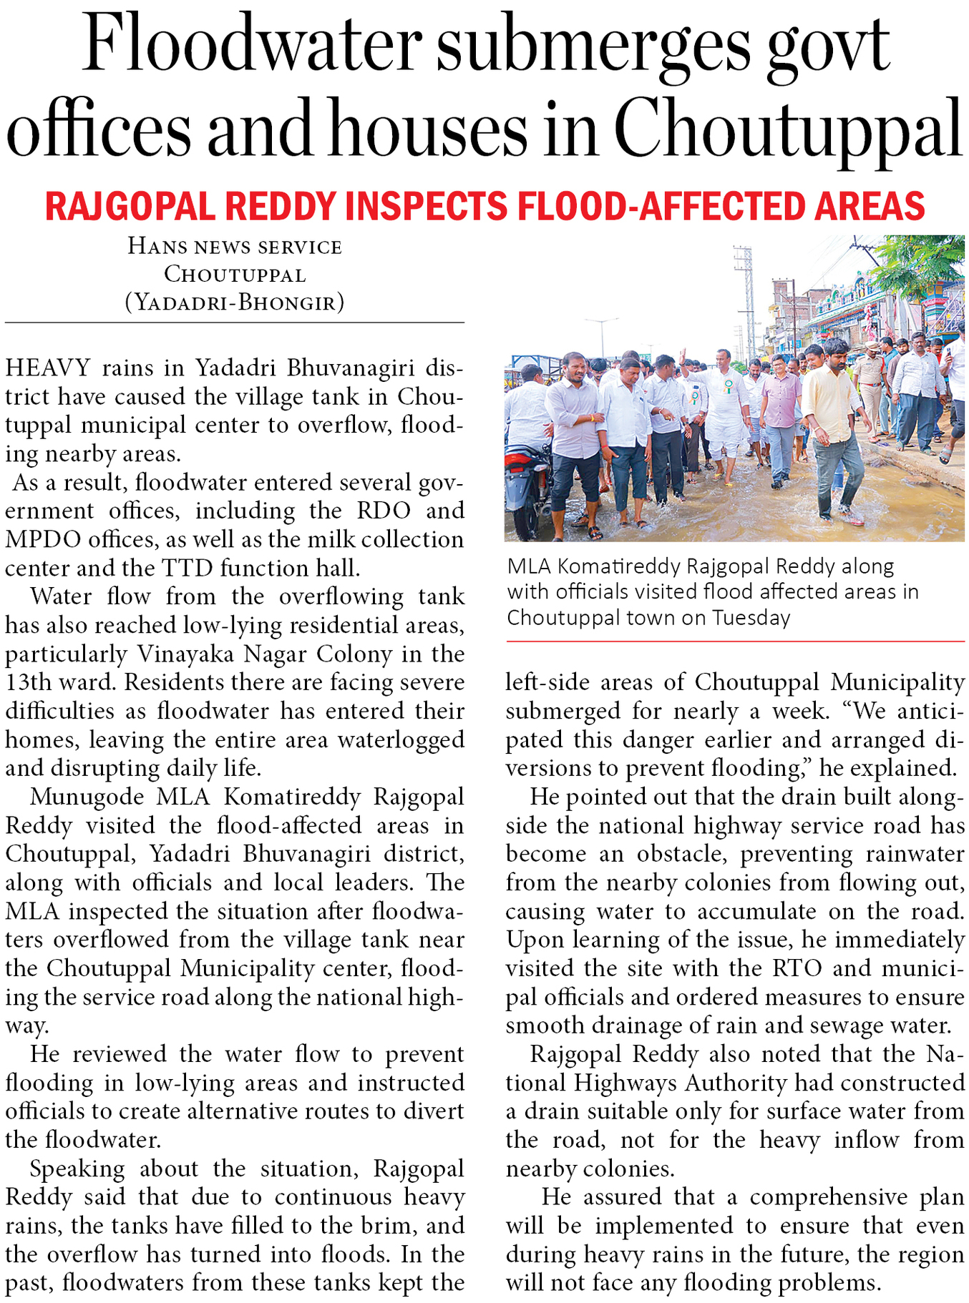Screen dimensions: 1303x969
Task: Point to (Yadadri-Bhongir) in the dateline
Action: click(235, 303)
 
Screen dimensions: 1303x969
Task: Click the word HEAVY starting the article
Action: click(47, 368)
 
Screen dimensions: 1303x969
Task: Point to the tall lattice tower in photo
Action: click(745, 300)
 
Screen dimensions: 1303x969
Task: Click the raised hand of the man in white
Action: click(683, 355)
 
